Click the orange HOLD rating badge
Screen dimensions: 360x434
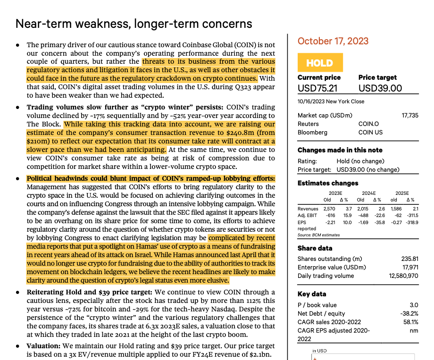(x=320, y=63)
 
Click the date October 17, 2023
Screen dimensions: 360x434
(x=333, y=41)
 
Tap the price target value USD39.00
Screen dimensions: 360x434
(x=380, y=88)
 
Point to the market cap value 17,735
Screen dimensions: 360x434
(x=409, y=115)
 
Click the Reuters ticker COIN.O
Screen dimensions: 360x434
(x=368, y=124)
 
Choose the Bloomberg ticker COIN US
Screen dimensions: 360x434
(x=370, y=132)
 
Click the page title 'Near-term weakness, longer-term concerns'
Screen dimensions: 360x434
(x=134, y=24)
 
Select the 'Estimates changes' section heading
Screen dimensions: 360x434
(x=328, y=183)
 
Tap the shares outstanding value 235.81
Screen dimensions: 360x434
(x=409, y=259)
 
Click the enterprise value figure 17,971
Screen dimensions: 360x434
(x=409, y=267)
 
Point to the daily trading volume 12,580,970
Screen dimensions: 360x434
(x=403, y=276)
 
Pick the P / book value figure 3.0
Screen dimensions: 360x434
(x=414, y=305)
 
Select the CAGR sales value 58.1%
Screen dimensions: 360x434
(x=410, y=322)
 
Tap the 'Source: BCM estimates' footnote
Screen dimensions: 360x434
(x=318, y=235)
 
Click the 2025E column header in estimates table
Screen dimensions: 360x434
(x=402, y=193)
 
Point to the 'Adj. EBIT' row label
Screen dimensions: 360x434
(x=307, y=215)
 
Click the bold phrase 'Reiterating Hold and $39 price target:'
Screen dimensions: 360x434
(x=89, y=292)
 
